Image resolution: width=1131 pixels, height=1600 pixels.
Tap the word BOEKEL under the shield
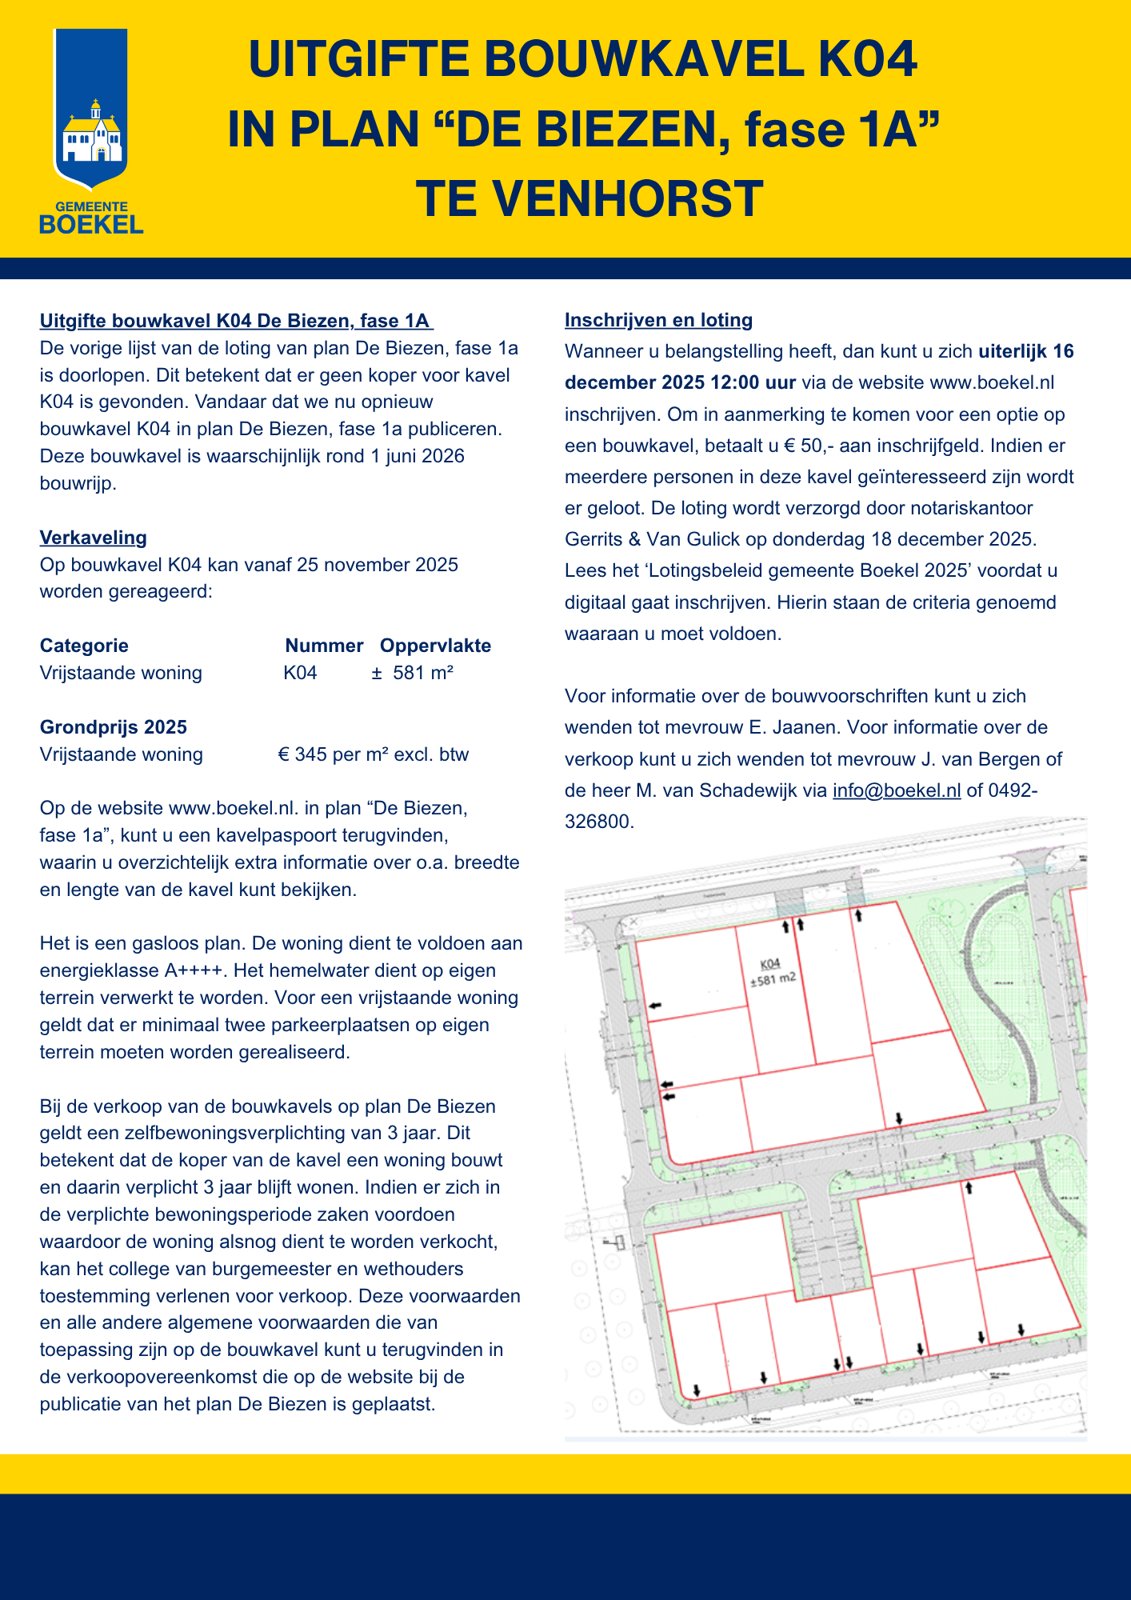point(91,225)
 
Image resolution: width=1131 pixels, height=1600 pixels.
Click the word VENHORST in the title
point(628,199)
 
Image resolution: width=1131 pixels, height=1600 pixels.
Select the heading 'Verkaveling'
point(94,538)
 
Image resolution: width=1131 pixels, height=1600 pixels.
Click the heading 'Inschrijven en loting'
point(658,320)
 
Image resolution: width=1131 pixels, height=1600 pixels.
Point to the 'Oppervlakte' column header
point(435,646)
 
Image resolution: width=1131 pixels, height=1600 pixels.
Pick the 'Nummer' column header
point(324,646)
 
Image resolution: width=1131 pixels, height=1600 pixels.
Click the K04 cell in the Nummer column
point(300,673)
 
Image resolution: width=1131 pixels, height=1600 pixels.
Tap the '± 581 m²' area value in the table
point(413,673)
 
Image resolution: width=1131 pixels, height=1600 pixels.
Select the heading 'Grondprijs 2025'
point(114,727)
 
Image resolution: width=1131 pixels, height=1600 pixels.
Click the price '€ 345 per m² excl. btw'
point(373,754)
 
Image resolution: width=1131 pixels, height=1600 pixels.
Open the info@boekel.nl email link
point(897,790)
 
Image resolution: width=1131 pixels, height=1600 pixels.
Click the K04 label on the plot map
point(769,963)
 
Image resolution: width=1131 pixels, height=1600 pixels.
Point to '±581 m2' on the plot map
point(773,979)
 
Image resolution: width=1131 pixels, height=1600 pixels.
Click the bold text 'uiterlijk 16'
point(1026,351)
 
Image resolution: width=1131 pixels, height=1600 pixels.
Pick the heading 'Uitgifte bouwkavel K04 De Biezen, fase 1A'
point(236,321)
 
